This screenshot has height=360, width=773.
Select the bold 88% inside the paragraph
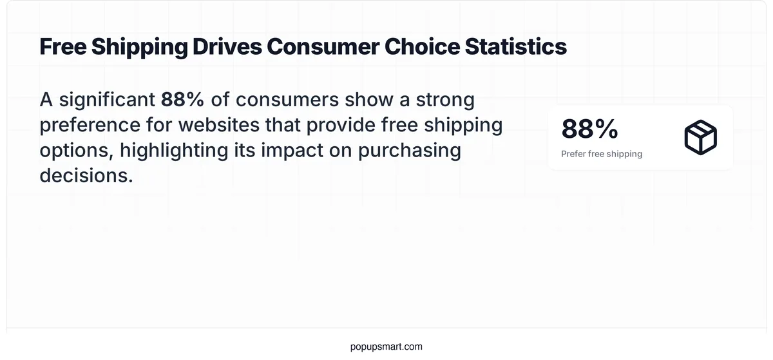click(182, 100)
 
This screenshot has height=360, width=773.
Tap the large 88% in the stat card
click(589, 129)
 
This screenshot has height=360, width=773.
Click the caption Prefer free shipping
click(602, 154)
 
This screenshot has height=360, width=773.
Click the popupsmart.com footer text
click(386, 346)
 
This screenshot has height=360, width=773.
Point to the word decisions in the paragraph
click(86, 175)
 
